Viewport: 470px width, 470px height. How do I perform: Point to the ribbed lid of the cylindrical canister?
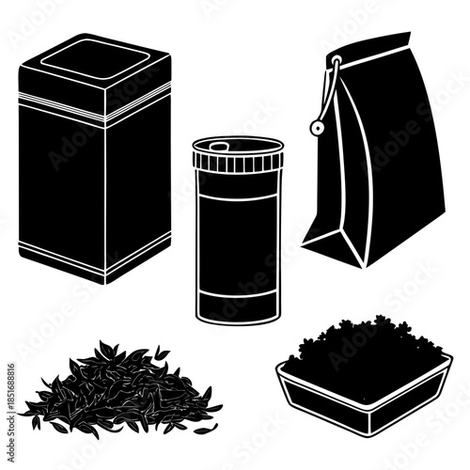pos(238,162)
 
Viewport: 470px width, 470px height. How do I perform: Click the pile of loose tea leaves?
pos(117,385)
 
